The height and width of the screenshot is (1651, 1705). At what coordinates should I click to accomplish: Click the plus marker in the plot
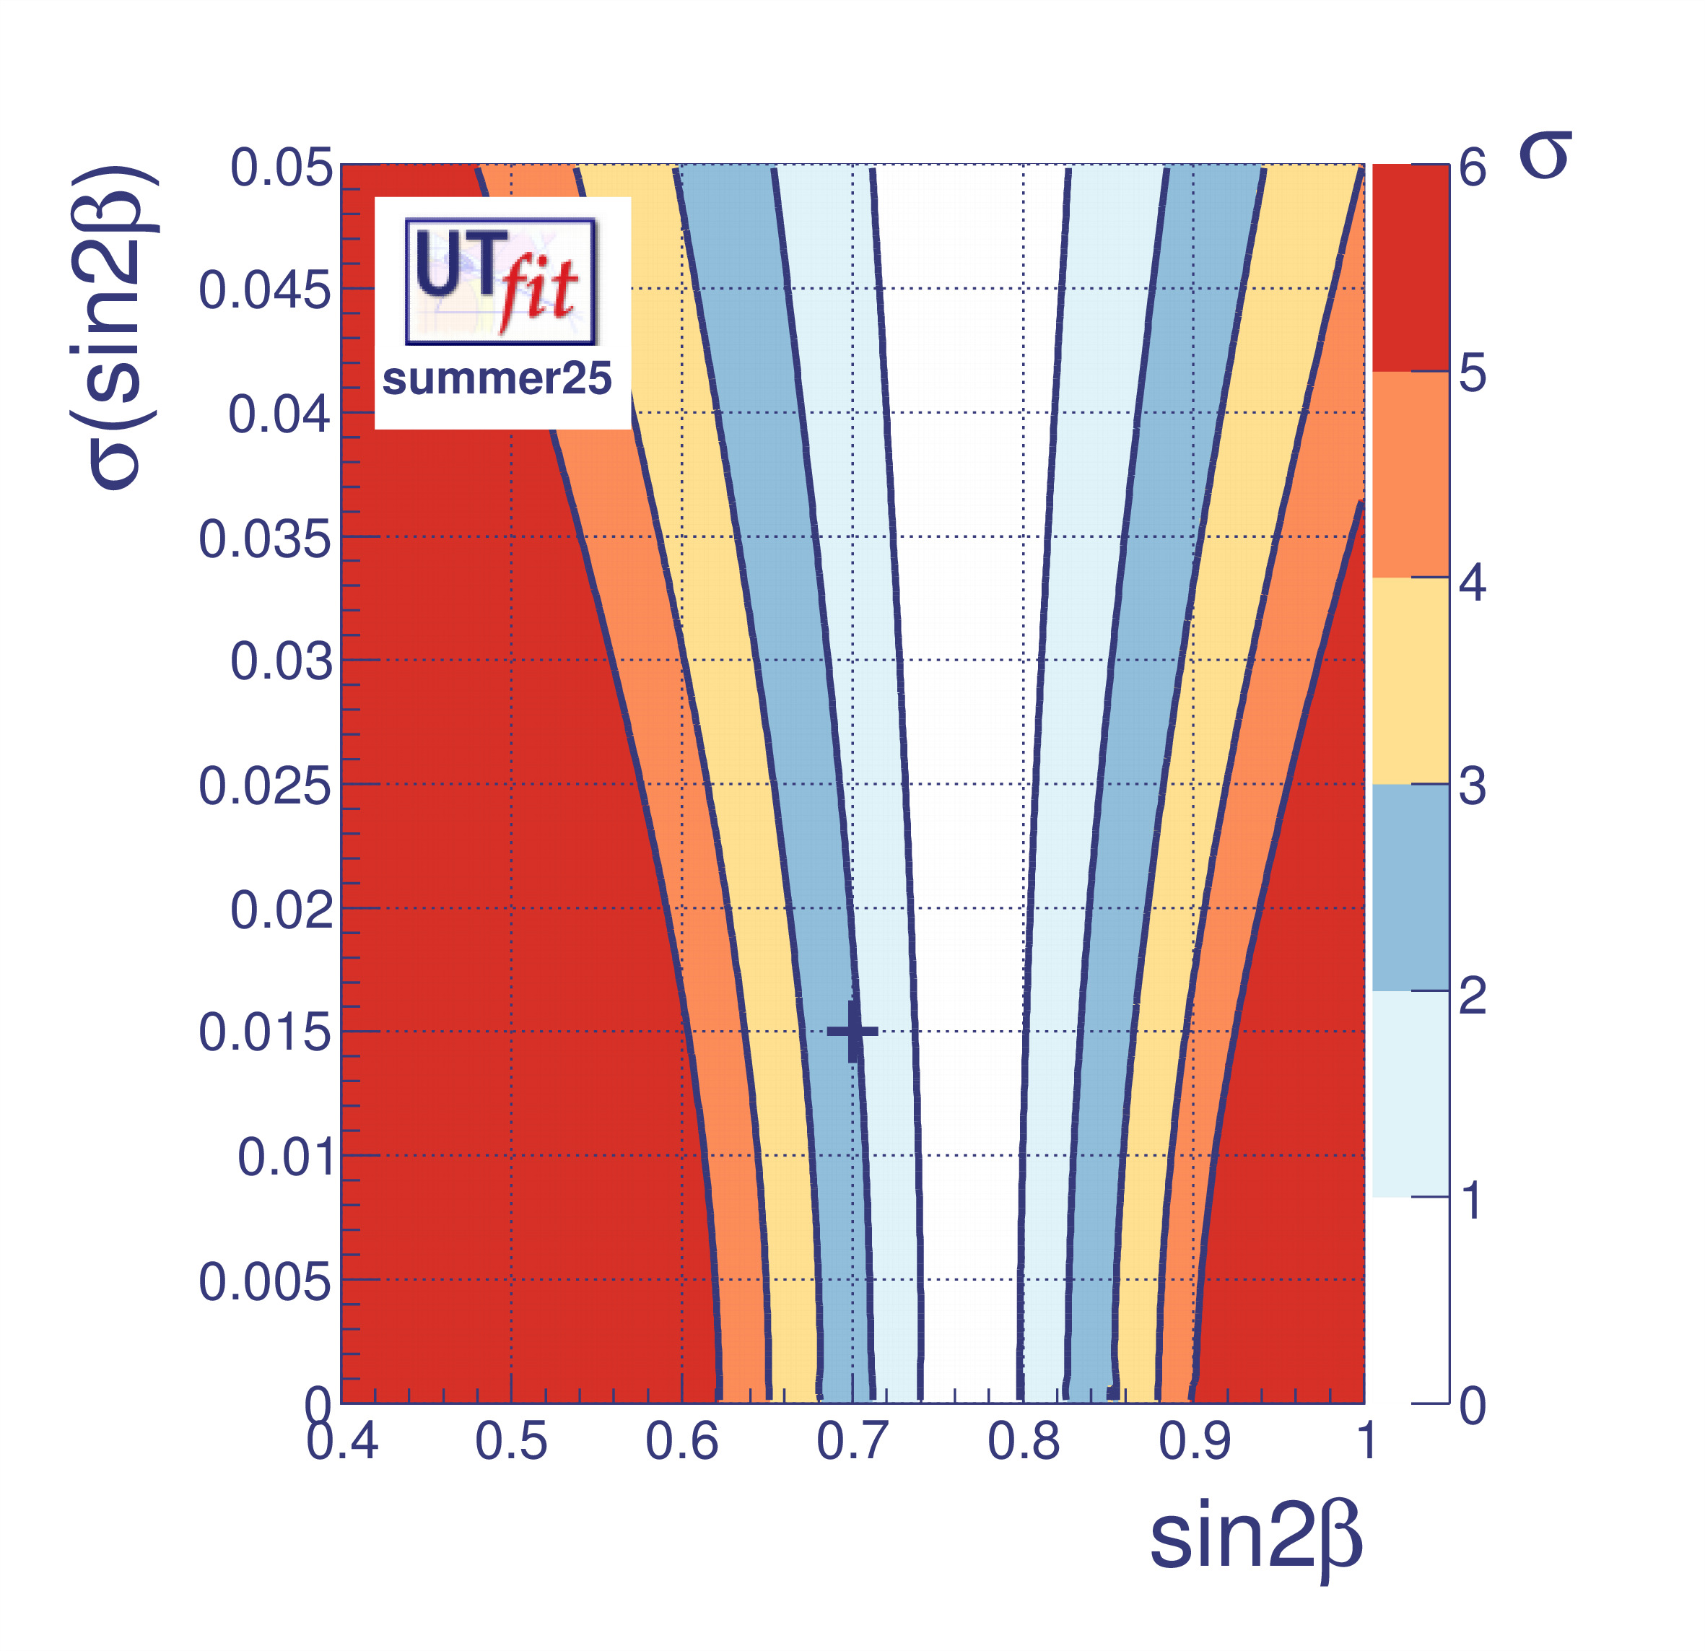tap(853, 1032)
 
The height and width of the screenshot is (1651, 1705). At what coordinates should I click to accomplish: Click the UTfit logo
tap(500, 281)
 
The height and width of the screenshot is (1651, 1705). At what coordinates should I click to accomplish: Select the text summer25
tap(497, 379)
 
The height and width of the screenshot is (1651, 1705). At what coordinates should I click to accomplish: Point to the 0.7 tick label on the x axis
tap(852, 1442)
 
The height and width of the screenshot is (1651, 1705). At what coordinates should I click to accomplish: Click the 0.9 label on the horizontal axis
tap(1195, 1442)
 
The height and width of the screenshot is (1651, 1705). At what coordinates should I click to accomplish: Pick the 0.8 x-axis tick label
tap(1023, 1442)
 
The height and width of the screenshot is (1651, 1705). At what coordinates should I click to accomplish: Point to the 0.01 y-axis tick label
tap(285, 1158)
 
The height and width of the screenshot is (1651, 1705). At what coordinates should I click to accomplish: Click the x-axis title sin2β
tap(1255, 1539)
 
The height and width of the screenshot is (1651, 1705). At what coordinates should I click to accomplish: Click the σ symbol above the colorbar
tap(1545, 157)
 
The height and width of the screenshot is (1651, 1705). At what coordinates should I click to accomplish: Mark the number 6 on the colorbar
tap(1473, 167)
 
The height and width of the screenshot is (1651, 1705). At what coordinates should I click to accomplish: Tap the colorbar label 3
tap(1472, 787)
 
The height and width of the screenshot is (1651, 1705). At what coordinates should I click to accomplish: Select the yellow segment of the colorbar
tap(1410, 681)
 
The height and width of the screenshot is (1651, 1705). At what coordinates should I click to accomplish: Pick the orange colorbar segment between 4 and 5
tap(1410, 474)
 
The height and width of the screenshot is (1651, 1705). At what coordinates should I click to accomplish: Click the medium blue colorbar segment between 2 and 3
tap(1410, 887)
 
